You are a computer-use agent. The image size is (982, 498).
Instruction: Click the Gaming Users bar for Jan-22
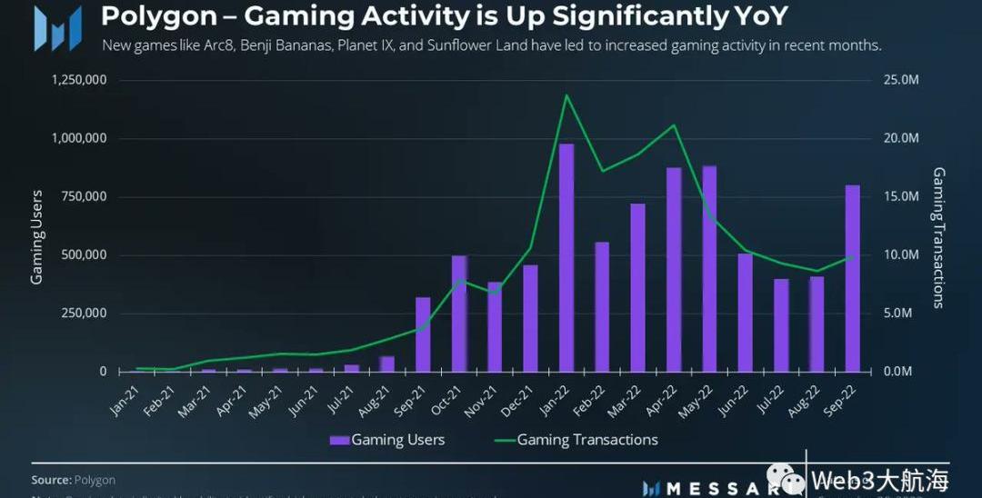pos(566,258)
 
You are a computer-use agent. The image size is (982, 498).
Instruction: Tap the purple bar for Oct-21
pos(459,314)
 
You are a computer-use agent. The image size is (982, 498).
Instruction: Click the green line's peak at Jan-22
pos(566,95)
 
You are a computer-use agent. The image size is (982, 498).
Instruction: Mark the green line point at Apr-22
pos(674,125)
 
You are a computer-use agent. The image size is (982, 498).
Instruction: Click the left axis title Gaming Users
pos(37,236)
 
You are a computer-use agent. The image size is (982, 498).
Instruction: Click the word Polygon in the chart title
pos(145,15)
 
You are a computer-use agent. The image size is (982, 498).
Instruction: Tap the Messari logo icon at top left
pos(57,27)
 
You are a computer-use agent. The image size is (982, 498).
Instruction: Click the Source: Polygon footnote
pos(74,480)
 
